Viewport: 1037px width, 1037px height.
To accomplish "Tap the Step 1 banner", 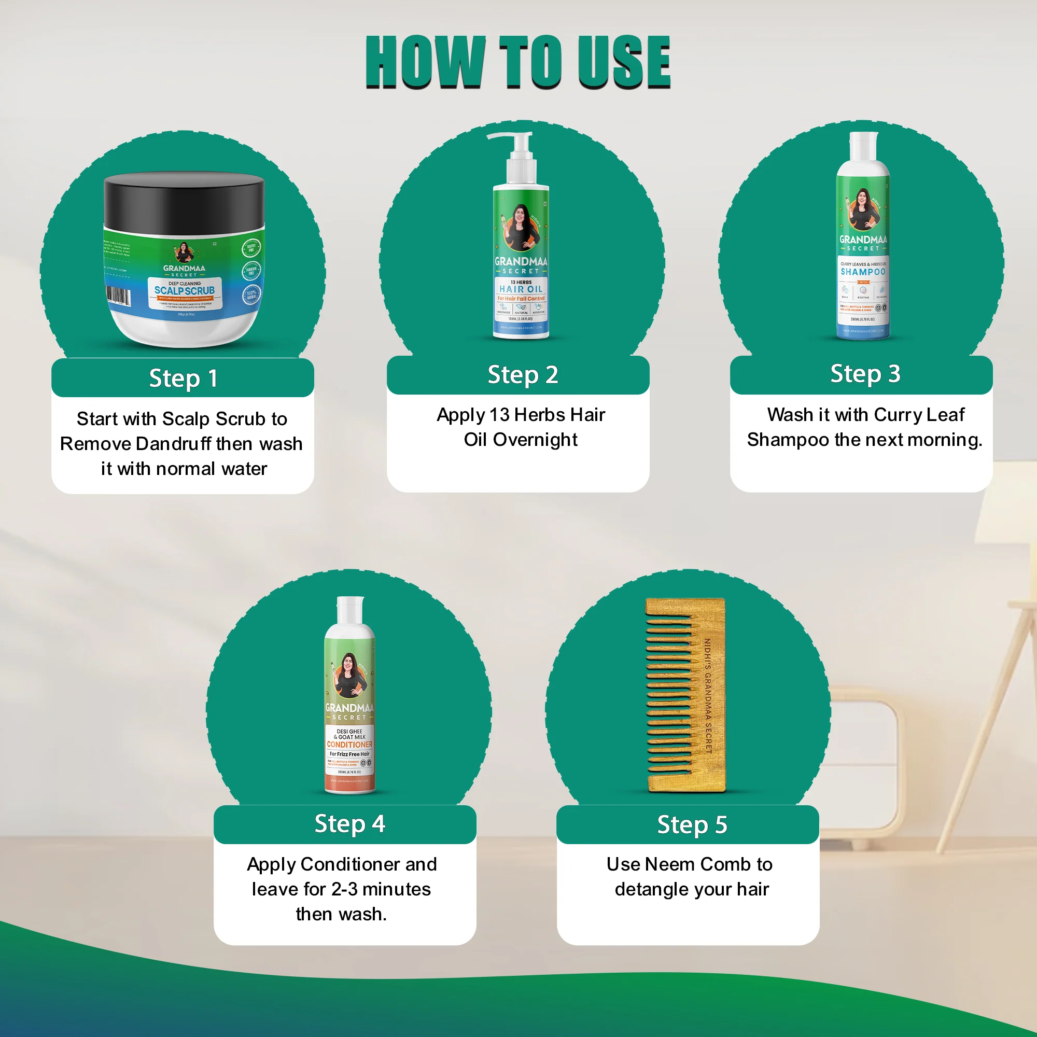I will [x=183, y=379].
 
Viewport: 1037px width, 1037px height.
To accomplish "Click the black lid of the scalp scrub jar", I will [x=184, y=201].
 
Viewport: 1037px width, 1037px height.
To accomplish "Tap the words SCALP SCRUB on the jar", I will [x=184, y=290].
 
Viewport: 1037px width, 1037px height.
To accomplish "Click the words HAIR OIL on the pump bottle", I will [x=521, y=289].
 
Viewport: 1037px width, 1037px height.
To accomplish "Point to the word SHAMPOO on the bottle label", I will [x=863, y=272].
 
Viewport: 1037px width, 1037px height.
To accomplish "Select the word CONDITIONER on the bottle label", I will [x=349, y=745].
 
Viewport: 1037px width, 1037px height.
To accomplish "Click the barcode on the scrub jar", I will [x=118, y=295].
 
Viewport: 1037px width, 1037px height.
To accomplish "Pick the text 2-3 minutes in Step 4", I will [x=381, y=889].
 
